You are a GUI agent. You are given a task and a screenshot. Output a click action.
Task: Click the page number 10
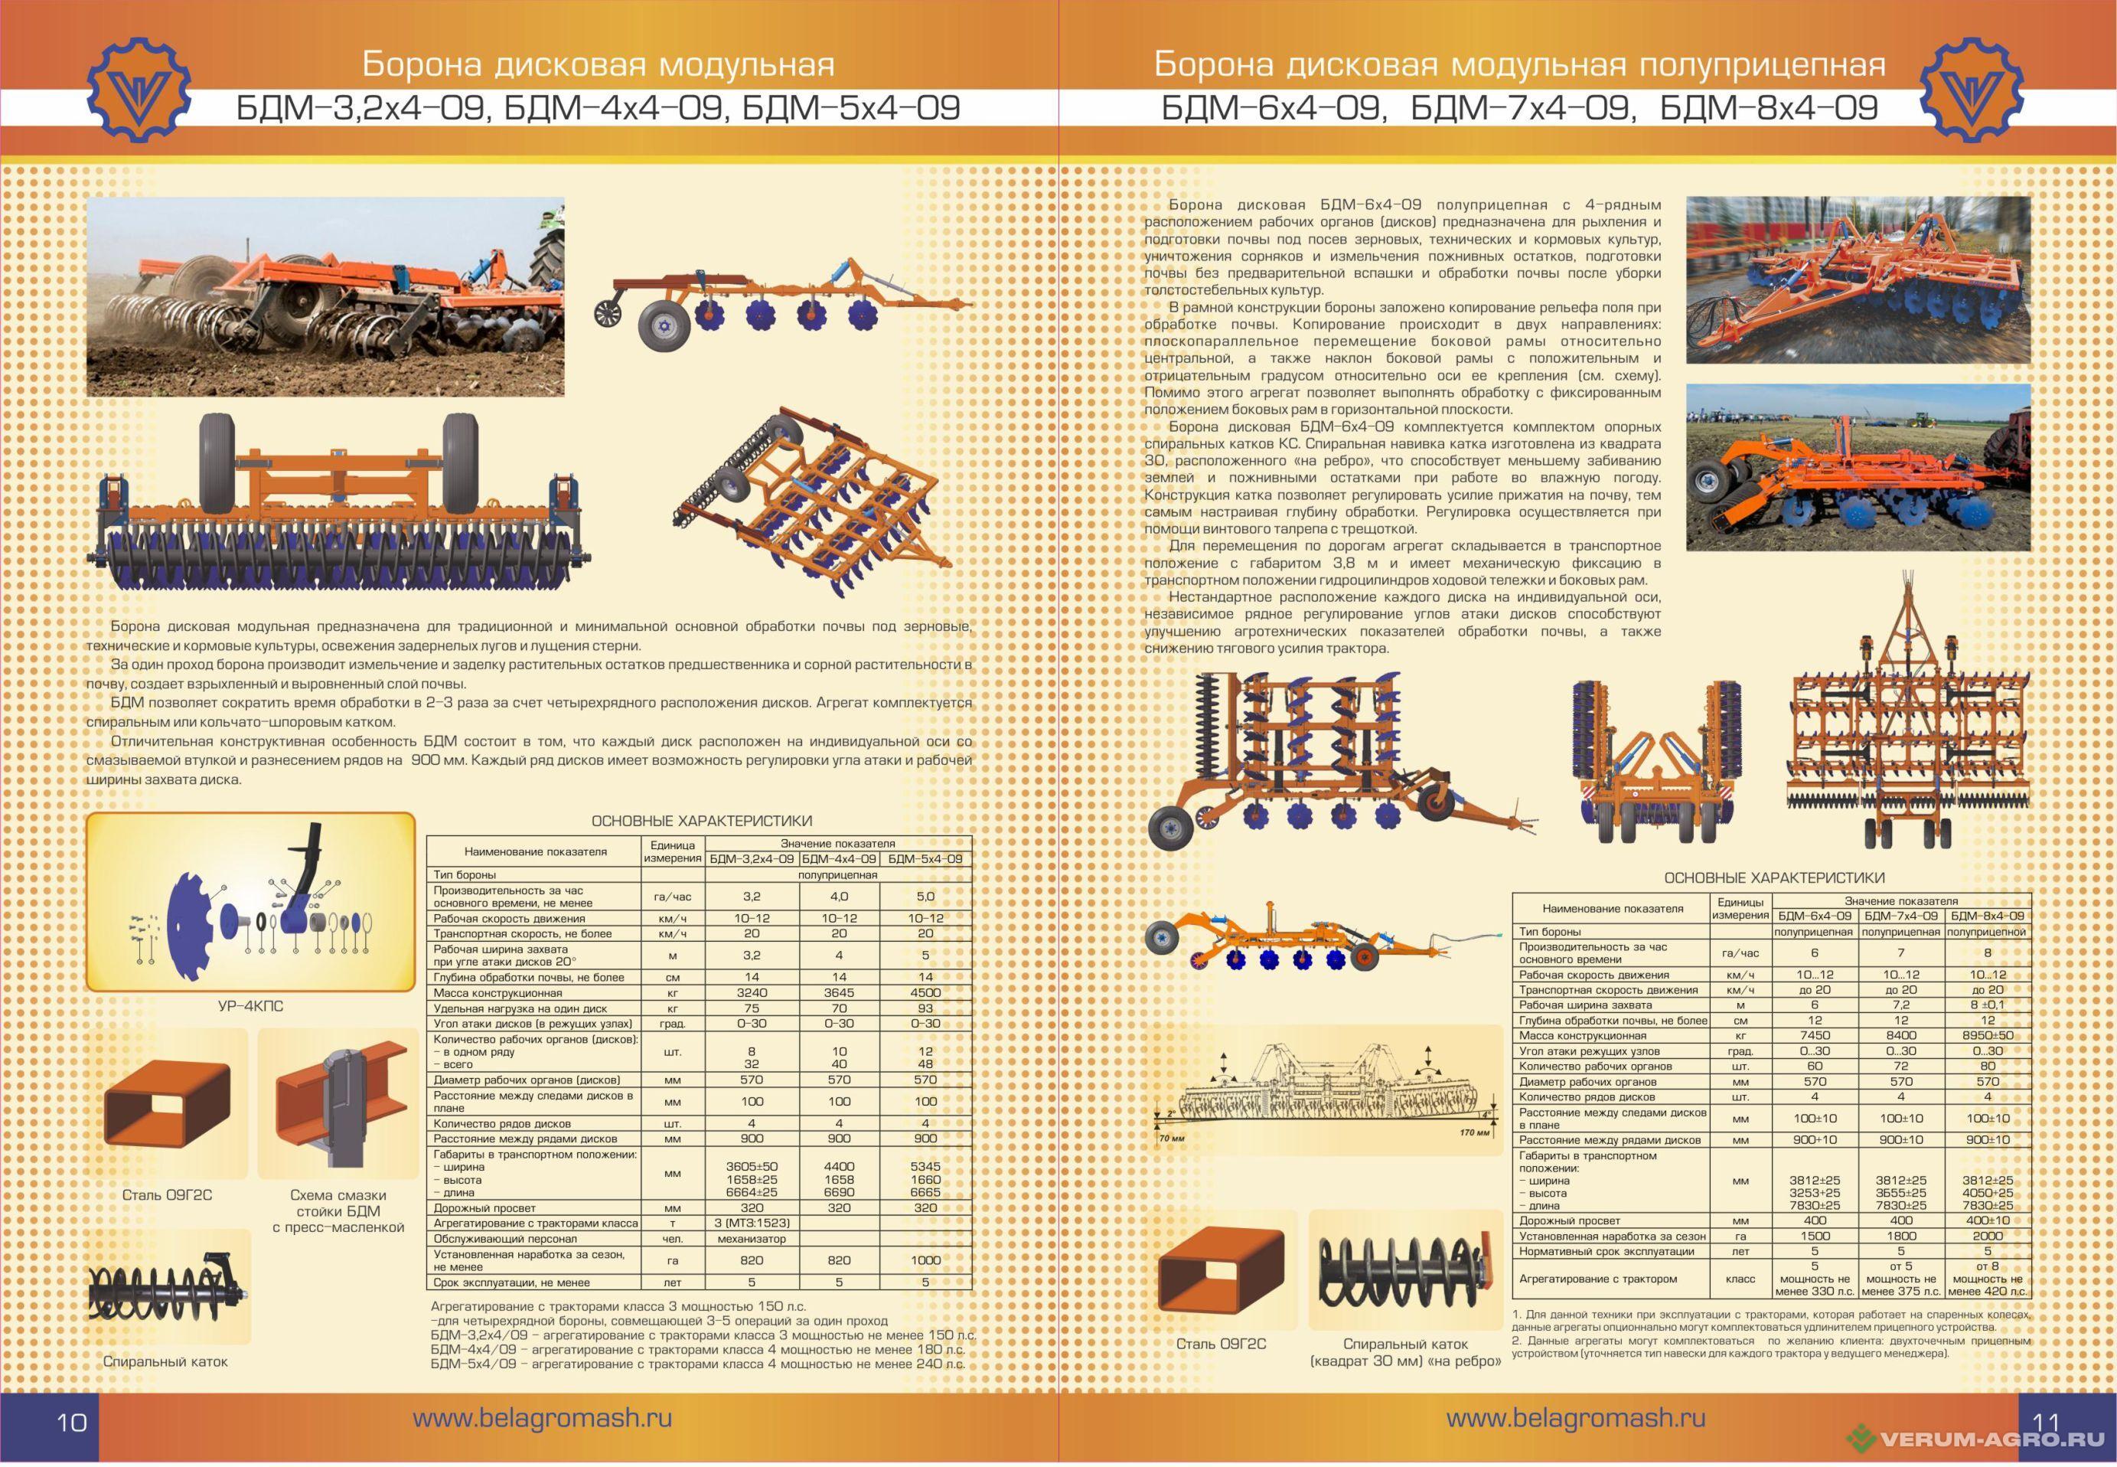72,1421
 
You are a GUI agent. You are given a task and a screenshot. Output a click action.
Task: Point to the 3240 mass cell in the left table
752,993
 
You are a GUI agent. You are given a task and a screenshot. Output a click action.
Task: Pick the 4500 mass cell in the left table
925,993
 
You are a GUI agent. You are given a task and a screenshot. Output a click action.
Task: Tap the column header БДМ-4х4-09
839,858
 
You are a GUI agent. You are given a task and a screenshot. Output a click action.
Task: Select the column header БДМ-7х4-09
1901,916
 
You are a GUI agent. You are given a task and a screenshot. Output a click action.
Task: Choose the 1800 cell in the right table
1901,1237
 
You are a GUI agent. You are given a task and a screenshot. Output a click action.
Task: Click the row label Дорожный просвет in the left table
484,1207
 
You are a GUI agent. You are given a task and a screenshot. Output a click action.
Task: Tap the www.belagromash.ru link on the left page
542,1417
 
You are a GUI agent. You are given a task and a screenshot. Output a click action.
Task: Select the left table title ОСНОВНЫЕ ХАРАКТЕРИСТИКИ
701,821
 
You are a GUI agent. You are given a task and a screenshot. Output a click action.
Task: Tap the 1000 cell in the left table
925,1260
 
